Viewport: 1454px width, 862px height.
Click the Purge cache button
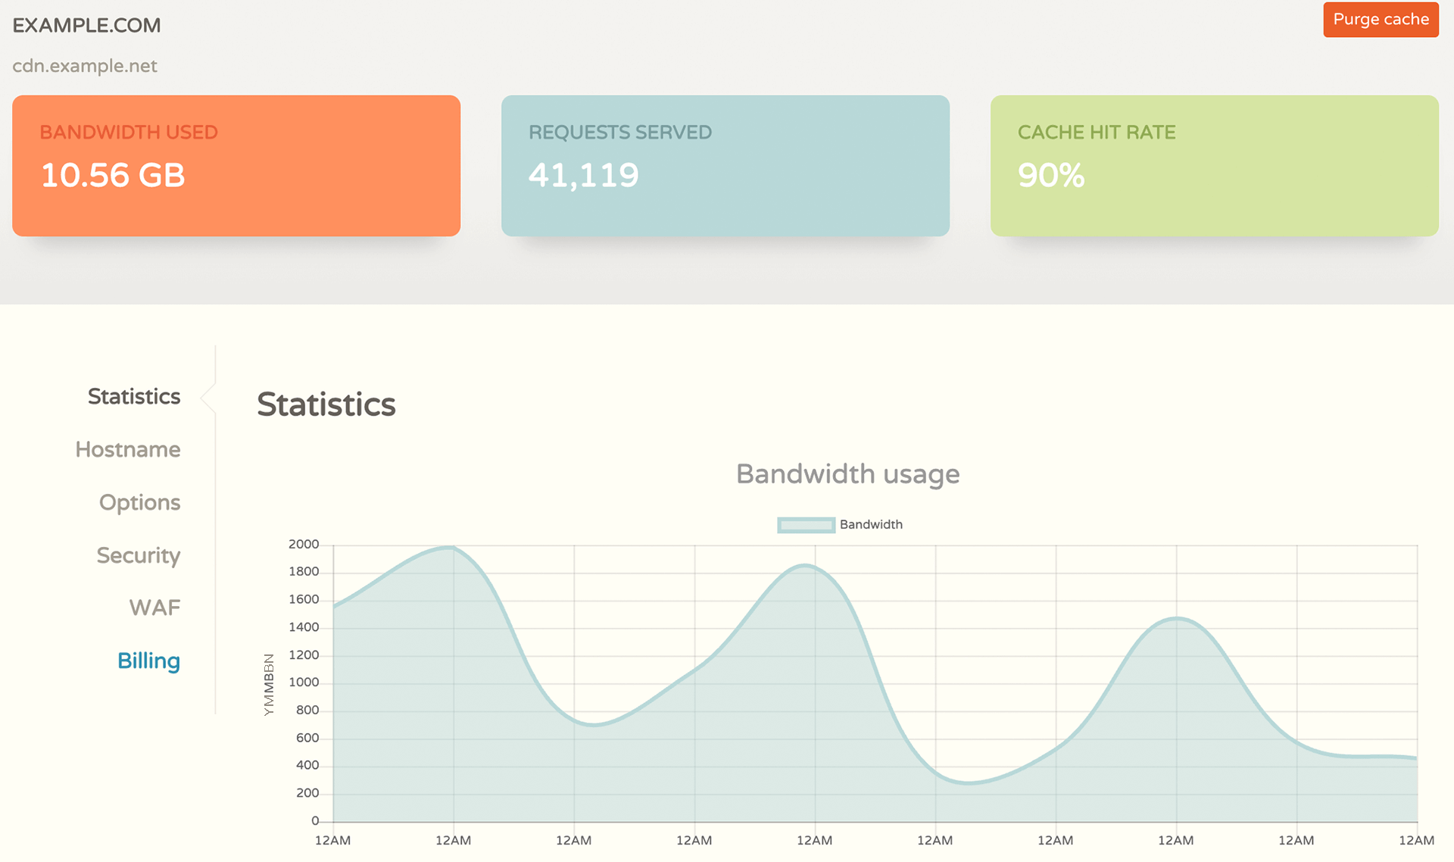tap(1380, 20)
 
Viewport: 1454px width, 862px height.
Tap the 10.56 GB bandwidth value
tap(113, 176)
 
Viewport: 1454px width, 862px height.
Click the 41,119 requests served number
tap(584, 176)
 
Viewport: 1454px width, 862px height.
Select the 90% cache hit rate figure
tap(1051, 176)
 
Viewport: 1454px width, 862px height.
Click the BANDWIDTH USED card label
tap(129, 133)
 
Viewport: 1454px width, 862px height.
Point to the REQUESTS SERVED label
tap(619, 133)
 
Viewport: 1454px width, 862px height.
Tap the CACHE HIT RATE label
tap(1096, 133)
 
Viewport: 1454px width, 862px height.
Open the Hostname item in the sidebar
tap(128, 449)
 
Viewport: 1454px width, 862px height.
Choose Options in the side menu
tap(140, 502)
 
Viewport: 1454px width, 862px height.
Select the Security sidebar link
tap(139, 555)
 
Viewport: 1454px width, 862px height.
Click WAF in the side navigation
tap(154, 607)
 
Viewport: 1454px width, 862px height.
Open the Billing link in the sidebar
tap(148, 661)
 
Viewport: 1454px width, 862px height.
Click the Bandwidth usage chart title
tap(847, 474)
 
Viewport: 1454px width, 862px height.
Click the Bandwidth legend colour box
tap(807, 525)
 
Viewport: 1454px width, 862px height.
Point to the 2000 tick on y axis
tap(304, 545)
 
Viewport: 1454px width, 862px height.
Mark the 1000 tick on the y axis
tap(304, 682)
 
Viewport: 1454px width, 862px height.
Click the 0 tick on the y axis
tap(315, 821)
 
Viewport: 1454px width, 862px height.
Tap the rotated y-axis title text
tap(269, 685)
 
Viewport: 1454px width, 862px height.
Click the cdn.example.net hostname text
tap(85, 66)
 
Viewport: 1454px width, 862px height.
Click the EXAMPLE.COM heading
tap(86, 26)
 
